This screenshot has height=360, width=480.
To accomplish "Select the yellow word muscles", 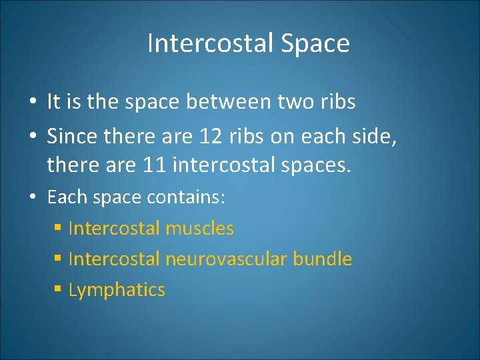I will point(199,229).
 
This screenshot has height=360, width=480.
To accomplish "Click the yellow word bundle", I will point(325,259).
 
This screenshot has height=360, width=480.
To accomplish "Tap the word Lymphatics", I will point(117,290).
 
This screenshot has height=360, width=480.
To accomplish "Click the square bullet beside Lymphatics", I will point(58,290).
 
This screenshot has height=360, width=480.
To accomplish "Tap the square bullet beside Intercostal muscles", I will point(58,229).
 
